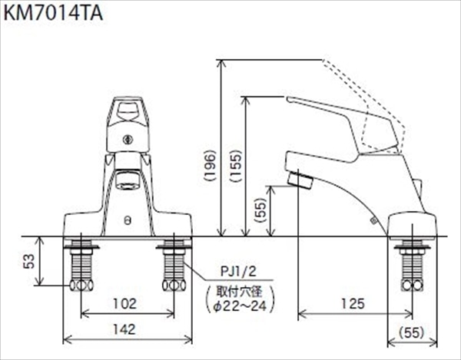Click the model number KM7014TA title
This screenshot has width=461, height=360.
(x=53, y=13)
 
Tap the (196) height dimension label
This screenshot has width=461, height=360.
(x=211, y=166)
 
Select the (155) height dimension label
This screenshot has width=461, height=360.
(x=236, y=166)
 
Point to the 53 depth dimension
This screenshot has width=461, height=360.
(x=29, y=261)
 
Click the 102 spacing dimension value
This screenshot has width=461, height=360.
(x=125, y=304)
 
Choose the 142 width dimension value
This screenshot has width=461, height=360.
(x=124, y=329)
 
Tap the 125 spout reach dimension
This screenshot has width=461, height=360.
(x=353, y=304)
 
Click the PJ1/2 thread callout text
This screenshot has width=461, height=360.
(x=238, y=272)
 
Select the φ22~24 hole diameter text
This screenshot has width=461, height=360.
(x=240, y=306)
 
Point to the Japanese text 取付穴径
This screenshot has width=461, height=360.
(x=239, y=292)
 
